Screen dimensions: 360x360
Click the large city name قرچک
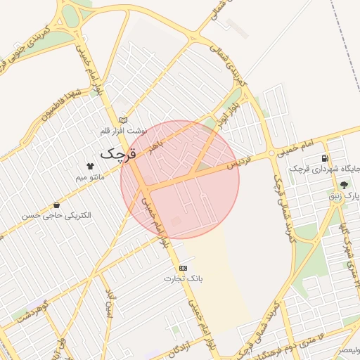[x=117, y=153]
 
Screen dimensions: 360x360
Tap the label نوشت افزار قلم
[x=124, y=131]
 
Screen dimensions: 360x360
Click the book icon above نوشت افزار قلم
[x=124, y=120]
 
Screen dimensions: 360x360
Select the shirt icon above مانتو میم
[x=90, y=166]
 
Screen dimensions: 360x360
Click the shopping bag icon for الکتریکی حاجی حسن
[x=56, y=205]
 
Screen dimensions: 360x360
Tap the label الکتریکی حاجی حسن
[x=56, y=216]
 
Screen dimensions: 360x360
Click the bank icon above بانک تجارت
[x=184, y=268]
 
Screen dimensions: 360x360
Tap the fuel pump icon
[x=324, y=158]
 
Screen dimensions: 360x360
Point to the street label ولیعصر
[x=349, y=349]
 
